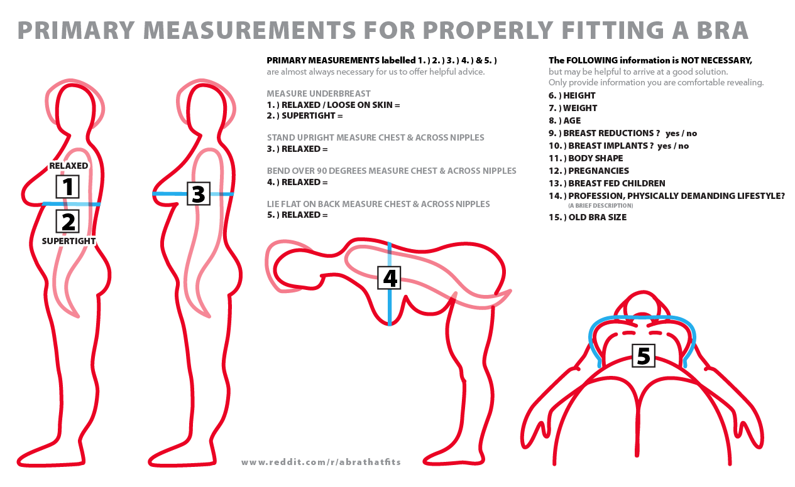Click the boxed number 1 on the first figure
(67, 186)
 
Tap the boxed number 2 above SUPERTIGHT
(67, 222)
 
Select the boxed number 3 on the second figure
(199, 193)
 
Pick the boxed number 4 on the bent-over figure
(389, 278)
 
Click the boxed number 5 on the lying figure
(644, 355)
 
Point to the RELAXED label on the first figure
(69, 166)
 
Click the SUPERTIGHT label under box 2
(69, 241)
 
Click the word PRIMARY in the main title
(76, 30)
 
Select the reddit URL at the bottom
(321, 462)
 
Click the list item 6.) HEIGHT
(572, 95)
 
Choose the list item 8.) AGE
(564, 121)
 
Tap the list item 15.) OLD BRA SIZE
(588, 217)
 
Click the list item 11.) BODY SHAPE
(586, 158)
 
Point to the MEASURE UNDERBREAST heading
(319, 94)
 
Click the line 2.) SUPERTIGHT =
(305, 116)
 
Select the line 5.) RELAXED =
(297, 215)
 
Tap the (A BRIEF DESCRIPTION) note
(601, 206)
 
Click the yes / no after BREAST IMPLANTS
(673, 146)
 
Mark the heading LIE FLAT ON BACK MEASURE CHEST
(378, 204)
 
